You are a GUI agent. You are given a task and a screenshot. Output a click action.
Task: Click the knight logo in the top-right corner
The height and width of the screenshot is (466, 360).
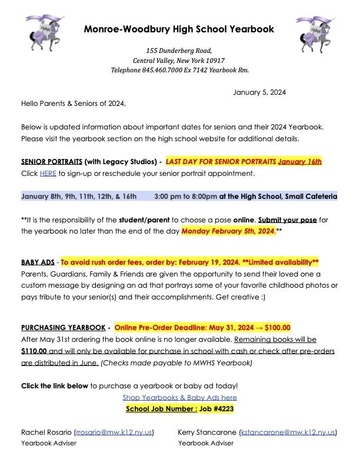(x=314, y=34)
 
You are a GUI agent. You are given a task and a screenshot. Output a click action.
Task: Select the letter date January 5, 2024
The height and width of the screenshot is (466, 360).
(x=259, y=92)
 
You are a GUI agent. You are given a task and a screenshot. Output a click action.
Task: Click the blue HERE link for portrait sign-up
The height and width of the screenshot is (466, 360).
(x=47, y=174)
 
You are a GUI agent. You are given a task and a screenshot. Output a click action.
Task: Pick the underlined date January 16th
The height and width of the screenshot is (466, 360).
(x=300, y=161)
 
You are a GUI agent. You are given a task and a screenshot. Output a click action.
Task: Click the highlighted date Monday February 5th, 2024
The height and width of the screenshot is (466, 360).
(x=228, y=231)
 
